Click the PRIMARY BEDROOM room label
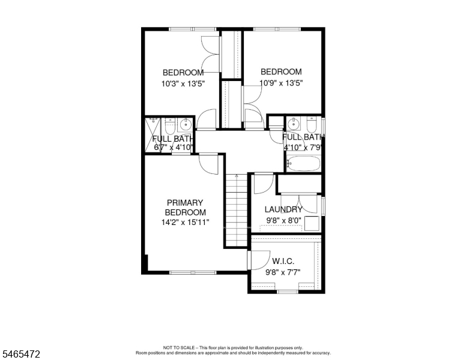185,208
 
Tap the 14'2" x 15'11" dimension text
185,222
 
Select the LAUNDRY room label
283,209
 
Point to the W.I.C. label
283,262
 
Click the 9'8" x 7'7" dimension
283,272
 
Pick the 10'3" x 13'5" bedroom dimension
183,84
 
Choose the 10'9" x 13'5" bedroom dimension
281,83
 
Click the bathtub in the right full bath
303,163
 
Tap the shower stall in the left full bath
153,136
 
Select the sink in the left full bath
186,124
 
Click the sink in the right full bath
294,124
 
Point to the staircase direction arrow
237,176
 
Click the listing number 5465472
21,354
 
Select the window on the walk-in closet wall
288,292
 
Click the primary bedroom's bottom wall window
193,272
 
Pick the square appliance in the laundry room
312,223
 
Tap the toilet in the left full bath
170,126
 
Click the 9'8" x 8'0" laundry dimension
284,220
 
